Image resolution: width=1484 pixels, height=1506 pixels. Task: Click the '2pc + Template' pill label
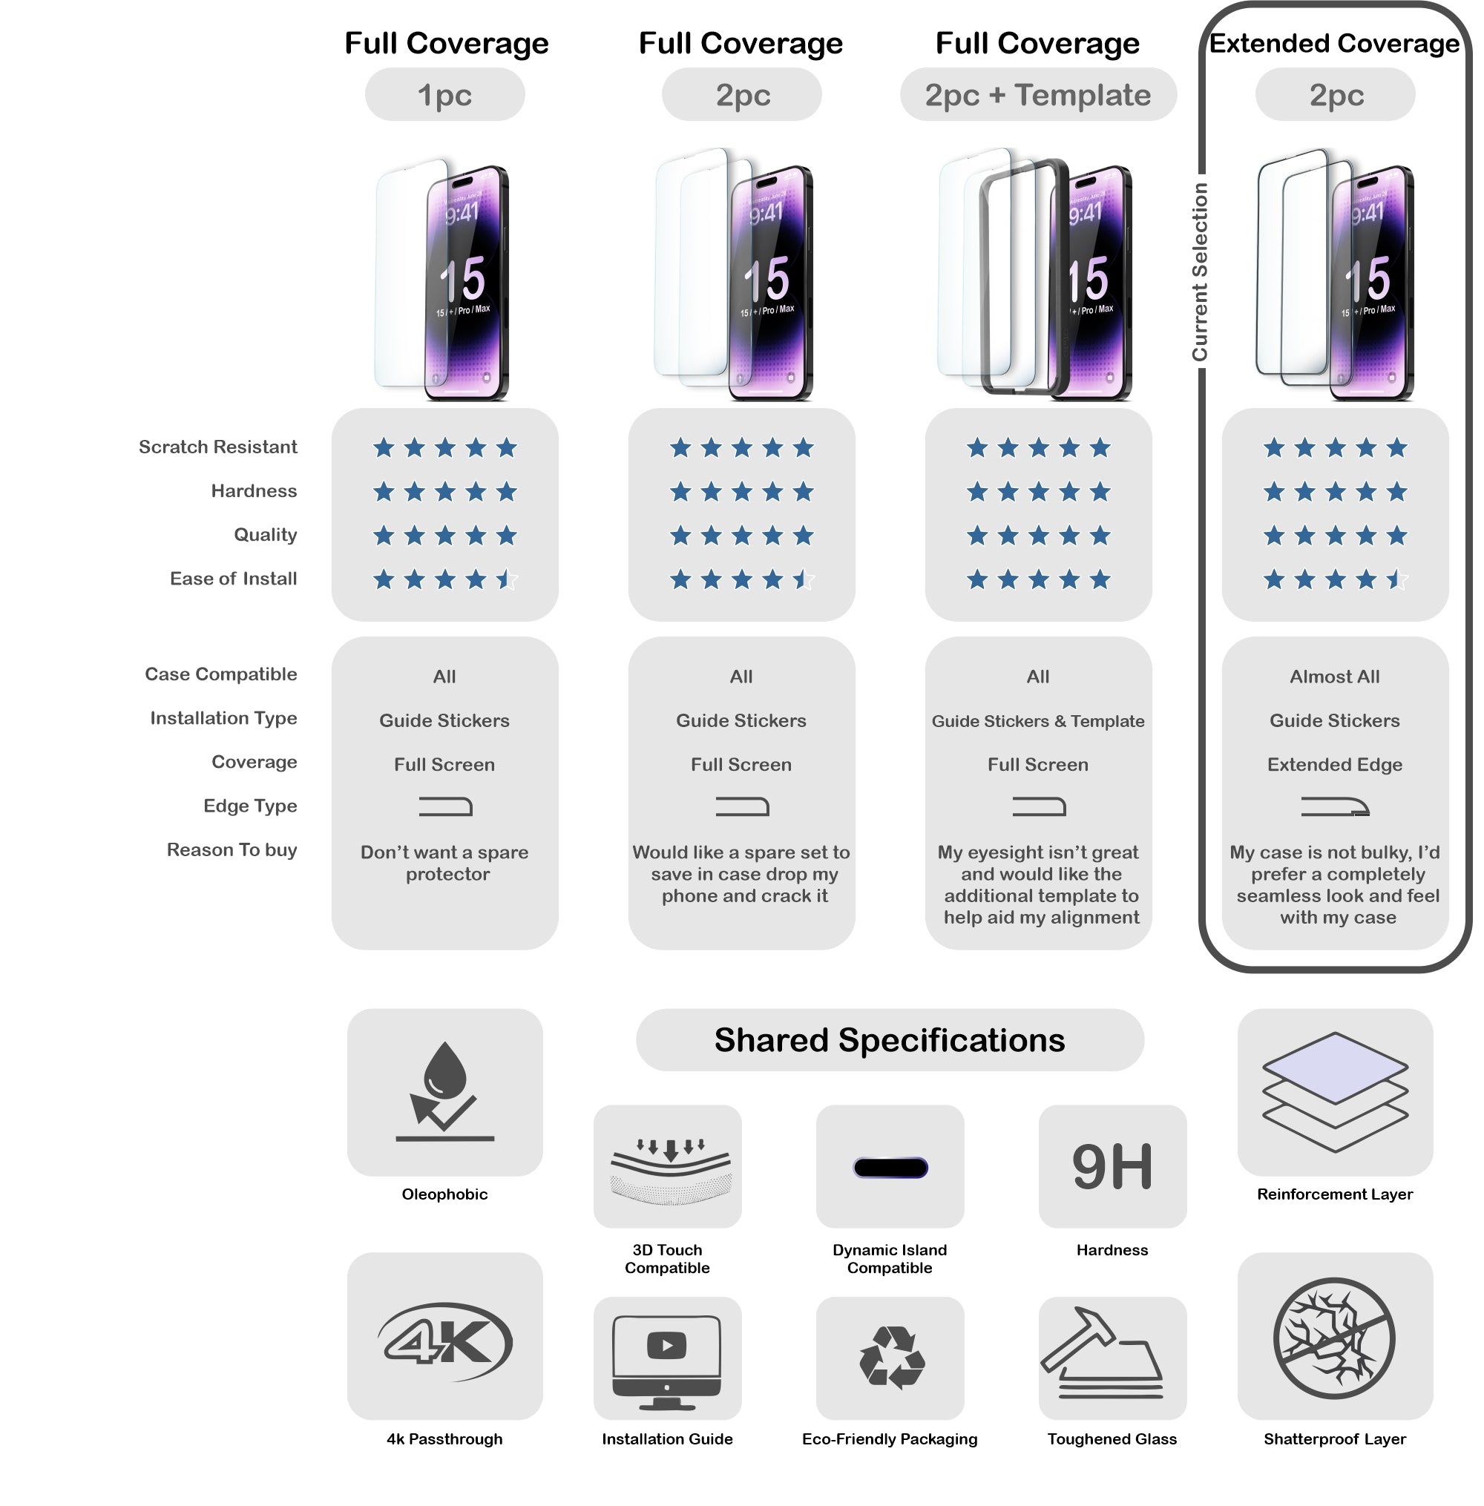(1037, 95)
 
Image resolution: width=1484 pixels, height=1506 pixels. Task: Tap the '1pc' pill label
(444, 95)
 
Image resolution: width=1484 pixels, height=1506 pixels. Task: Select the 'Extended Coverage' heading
(1333, 44)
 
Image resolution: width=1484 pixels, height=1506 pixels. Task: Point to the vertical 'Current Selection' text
(1200, 272)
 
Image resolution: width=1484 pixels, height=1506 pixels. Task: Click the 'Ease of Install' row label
(233, 578)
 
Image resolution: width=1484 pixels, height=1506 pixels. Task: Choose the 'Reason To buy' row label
(232, 849)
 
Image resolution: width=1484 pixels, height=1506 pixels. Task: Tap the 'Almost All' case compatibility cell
(1334, 677)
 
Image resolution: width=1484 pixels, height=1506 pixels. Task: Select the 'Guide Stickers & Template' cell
(1037, 720)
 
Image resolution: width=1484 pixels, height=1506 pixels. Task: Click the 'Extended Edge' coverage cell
(1334, 764)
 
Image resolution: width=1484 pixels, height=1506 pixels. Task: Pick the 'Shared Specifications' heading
(890, 1040)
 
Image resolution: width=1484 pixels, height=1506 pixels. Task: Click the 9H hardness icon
(1112, 1166)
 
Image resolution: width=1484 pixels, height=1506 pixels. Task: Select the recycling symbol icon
(891, 1357)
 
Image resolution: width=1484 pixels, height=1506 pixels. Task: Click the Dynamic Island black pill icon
(890, 1167)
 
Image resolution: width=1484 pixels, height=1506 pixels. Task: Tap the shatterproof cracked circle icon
(1334, 1338)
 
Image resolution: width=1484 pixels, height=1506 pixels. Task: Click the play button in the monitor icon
(666, 1345)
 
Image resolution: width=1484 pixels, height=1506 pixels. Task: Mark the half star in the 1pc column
(507, 579)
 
